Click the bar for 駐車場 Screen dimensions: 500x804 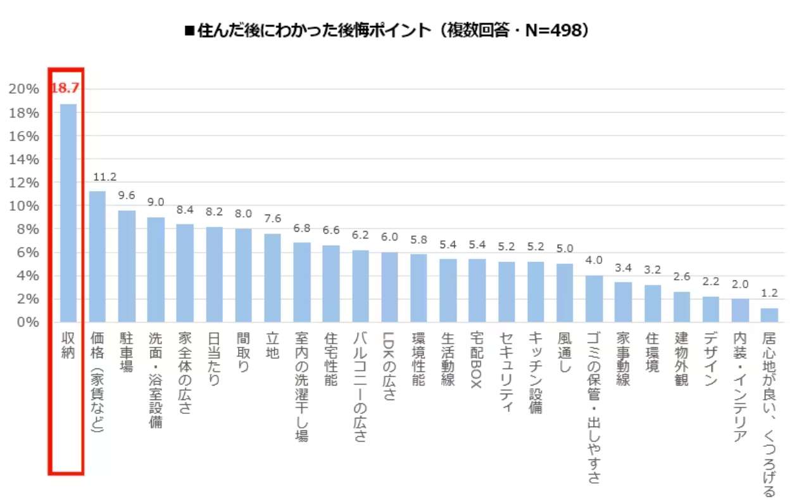pyautogui.click(x=127, y=266)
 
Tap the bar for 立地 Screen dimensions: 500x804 pyautogui.click(x=272, y=278)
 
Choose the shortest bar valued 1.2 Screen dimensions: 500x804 pyautogui.click(x=769, y=315)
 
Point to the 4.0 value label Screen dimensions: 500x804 pyautogui.click(x=594, y=261)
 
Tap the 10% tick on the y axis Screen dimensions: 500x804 pyautogui.click(x=23, y=206)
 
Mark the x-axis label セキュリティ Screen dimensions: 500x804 pyautogui.click(x=506, y=371)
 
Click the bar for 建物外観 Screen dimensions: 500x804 pyautogui.click(x=682, y=307)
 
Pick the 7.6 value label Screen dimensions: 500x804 pyautogui.click(x=272, y=219)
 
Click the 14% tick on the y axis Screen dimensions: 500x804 pyautogui.click(x=23, y=159)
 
